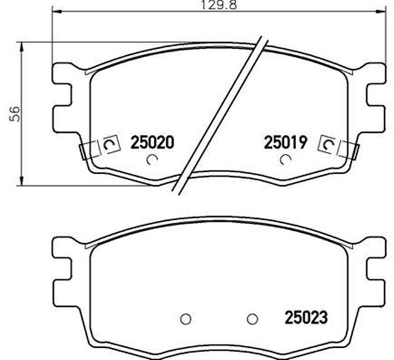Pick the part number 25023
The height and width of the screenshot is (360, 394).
(306, 319)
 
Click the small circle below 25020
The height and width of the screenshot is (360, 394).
(153, 161)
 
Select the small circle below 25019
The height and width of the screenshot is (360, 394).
(284, 161)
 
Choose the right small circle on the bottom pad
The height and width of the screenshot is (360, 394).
(251, 319)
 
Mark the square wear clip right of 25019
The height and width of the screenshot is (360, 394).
(328, 145)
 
